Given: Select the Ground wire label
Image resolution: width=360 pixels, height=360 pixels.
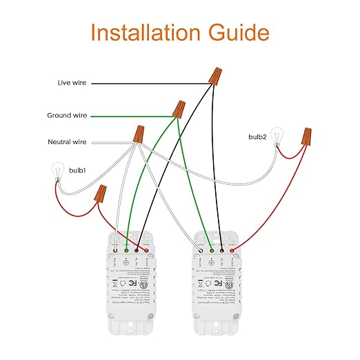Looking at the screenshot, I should [x=68, y=115].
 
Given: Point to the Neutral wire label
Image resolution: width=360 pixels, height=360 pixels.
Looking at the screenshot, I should [x=70, y=142].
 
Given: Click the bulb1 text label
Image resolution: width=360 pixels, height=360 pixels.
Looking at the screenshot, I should [x=77, y=169].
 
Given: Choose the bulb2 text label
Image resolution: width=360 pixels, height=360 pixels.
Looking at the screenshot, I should [x=257, y=137].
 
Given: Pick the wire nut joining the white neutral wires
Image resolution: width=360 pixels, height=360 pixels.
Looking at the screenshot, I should [x=139, y=134].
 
